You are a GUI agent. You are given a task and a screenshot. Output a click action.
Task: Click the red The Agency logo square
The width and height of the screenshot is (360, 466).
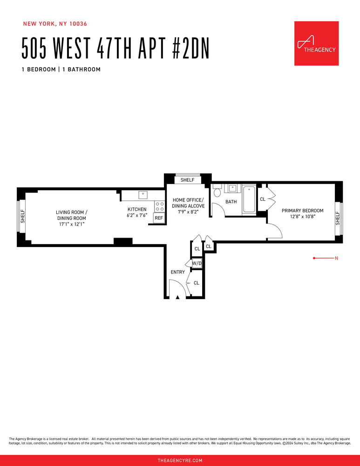pyautogui.click(x=316, y=43)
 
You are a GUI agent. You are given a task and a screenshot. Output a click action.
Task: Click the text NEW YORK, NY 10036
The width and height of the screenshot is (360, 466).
pyautogui.click(x=55, y=23)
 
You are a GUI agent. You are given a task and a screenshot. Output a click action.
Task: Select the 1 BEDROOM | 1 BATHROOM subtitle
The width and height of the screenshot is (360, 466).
pyautogui.click(x=61, y=69)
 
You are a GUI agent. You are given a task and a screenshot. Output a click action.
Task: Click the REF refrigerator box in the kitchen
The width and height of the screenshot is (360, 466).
pyautogui.click(x=159, y=218)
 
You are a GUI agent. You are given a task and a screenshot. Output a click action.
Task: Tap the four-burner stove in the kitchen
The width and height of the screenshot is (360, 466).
pyautogui.click(x=159, y=206)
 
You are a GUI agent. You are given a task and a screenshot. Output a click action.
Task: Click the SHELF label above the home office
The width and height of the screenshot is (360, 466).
pyautogui.click(x=187, y=180)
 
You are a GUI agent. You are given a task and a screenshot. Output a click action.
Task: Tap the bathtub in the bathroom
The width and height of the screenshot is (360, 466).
pyautogui.click(x=249, y=199)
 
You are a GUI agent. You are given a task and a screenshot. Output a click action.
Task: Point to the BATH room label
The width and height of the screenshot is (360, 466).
pyautogui.click(x=231, y=202)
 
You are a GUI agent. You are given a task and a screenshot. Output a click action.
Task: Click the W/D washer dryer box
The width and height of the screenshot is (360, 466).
pyautogui.click(x=197, y=263)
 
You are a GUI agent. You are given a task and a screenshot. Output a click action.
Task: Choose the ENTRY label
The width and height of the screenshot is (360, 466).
pyautogui.click(x=177, y=272)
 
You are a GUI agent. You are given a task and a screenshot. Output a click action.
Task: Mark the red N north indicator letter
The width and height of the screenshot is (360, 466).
pyautogui.click(x=336, y=258)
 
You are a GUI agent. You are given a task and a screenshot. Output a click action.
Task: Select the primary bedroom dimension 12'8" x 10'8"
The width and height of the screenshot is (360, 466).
pyautogui.click(x=302, y=217)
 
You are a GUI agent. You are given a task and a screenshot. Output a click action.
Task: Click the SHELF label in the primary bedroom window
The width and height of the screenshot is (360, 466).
pyautogui.click(x=338, y=218)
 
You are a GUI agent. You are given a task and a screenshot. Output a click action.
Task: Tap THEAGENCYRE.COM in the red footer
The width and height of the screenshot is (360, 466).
pyautogui.click(x=180, y=460)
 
